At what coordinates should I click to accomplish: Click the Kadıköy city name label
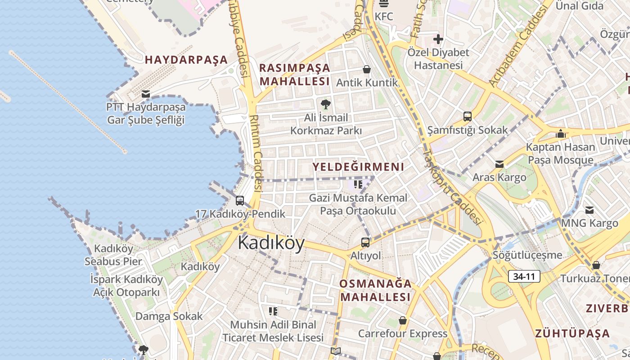[x=271, y=243]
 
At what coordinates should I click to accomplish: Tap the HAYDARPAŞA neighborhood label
[x=186, y=60]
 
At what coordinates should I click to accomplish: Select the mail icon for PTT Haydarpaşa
[x=145, y=94]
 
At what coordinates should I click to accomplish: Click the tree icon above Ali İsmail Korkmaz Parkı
[x=325, y=104]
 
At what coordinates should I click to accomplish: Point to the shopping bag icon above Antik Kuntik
[x=367, y=69]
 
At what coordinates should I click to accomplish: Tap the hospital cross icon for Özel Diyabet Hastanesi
[x=438, y=39]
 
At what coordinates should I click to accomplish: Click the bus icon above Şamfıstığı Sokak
[x=468, y=117]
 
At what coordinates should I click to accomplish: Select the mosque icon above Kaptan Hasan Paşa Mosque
[x=560, y=134]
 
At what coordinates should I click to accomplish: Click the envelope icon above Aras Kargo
[x=499, y=164]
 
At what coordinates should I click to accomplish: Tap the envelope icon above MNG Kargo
[x=589, y=210]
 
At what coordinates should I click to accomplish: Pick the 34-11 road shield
[x=524, y=276]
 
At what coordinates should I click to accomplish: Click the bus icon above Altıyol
[x=365, y=242]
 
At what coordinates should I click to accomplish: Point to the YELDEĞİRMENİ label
[x=358, y=167]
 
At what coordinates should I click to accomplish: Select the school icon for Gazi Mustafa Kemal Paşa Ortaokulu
[x=358, y=184]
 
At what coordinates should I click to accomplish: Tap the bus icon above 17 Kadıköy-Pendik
[x=240, y=201]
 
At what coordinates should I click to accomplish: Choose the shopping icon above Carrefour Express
[x=403, y=320]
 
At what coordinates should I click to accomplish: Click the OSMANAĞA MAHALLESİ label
[x=375, y=290]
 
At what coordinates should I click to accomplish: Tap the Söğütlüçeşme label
[x=527, y=255]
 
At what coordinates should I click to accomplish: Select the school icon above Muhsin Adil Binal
[x=273, y=311]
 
